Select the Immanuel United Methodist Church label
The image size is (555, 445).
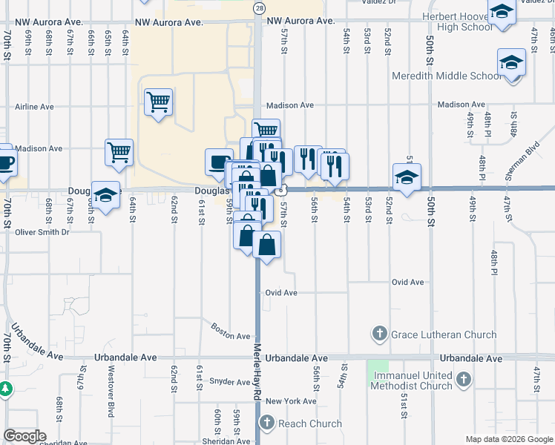click(414, 380)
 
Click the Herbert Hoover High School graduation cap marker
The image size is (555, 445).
click(502, 13)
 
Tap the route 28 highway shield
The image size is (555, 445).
click(258, 8)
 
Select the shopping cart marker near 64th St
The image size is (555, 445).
click(119, 152)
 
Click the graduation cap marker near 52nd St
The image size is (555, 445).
click(407, 177)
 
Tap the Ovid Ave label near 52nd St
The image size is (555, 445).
click(407, 283)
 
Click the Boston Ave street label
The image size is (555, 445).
click(231, 331)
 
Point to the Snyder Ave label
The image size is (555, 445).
click(230, 382)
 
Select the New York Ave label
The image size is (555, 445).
click(291, 401)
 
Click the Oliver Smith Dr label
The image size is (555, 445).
click(42, 232)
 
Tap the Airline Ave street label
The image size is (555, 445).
click(34, 107)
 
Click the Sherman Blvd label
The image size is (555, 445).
click(522, 163)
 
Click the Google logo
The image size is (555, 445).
click(24, 436)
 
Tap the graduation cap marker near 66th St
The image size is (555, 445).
click(106, 194)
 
